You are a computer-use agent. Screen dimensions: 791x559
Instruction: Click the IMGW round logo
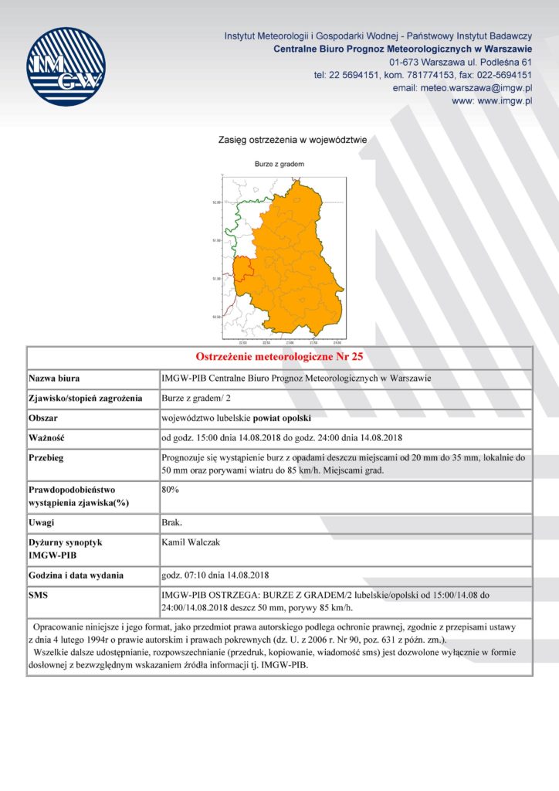click(66, 66)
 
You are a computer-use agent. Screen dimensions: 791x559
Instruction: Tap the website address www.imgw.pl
click(492, 101)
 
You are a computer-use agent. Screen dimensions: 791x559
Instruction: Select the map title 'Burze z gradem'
click(279, 165)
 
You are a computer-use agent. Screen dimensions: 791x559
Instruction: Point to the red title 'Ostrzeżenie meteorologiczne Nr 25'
click(279, 357)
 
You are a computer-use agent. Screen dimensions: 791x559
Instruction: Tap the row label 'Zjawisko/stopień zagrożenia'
click(85, 399)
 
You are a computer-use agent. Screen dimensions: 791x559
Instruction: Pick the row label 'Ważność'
click(47, 438)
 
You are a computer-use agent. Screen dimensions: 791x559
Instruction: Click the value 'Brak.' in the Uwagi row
click(172, 523)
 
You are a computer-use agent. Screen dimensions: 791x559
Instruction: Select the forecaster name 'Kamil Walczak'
click(191, 542)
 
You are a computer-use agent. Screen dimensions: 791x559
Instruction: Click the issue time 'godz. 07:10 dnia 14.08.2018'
click(215, 575)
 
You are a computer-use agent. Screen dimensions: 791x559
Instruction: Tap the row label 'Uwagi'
click(42, 523)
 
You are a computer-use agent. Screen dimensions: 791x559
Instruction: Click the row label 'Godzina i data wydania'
click(76, 575)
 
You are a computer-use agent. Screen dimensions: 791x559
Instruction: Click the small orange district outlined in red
click(242, 270)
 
